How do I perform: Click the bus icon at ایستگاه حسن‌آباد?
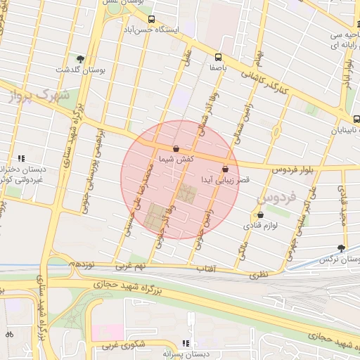pyautogui.click(x=151, y=20)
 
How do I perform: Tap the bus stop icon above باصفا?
pyautogui.click(x=218, y=56)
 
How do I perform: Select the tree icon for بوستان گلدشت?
pyautogui.click(x=81, y=59)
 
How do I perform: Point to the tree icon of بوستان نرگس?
pyautogui.click(x=342, y=247)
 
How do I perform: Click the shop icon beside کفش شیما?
pyautogui.click(x=175, y=149)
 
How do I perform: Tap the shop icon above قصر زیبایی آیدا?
pyautogui.click(x=225, y=169)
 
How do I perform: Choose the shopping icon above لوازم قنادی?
pyautogui.click(x=261, y=215)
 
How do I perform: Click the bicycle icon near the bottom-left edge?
pyautogui.click(x=8, y=333)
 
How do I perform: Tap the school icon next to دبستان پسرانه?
pyautogui.click(x=186, y=343)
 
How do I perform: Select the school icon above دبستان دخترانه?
pyautogui.click(x=22, y=158)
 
